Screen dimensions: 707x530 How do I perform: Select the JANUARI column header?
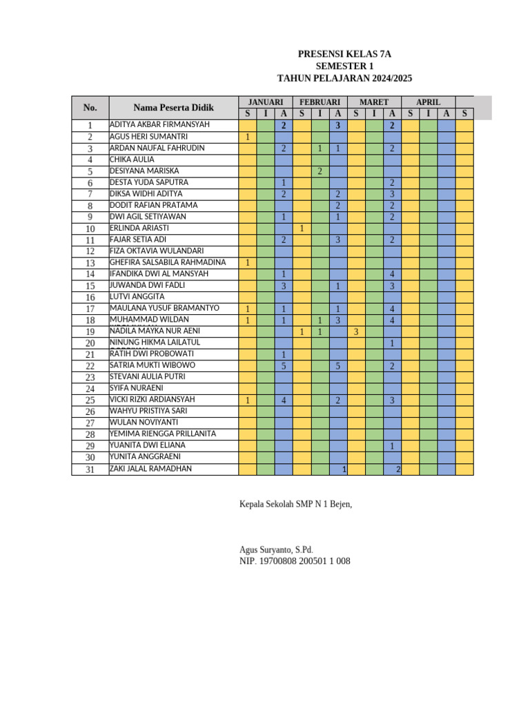pyautogui.click(x=265, y=101)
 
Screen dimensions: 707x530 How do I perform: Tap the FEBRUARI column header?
pyautogui.click(x=320, y=101)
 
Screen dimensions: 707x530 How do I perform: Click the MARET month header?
pyautogui.click(x=373, y=101)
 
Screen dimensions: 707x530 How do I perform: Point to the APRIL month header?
pyautogui.click(x=428, y=101)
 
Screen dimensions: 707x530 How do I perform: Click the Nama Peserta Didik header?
pyautogui.click(x=173, y=108)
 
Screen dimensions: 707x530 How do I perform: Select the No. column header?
pyautogui.click(x=90, y=108)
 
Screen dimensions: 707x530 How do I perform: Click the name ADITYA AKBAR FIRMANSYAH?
pyautogui.click(x=159, y=125)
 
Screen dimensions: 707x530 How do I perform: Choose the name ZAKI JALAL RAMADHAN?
pyautogui.click(x=150, y=469)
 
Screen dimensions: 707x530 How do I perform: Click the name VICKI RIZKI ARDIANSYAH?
pyautogui.click(x=153, y=400)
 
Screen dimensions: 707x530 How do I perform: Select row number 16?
pyautogui.click(x=90, y=298)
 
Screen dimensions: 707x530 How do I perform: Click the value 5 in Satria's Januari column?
pyautogui.click(x=284, y=366)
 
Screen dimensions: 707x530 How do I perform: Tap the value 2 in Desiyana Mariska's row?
pyautogui.click(x=320, y=171)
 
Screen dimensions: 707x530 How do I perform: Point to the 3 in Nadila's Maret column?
pyautogui.click(x=355, y=332)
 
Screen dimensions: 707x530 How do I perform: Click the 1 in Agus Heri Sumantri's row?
pyautogui.click(x=248, y=137)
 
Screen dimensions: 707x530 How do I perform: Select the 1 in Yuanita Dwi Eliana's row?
pyautogui.click(x=392, y=447)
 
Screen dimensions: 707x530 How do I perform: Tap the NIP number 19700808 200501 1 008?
pyautogui.click(x=295, y=561)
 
